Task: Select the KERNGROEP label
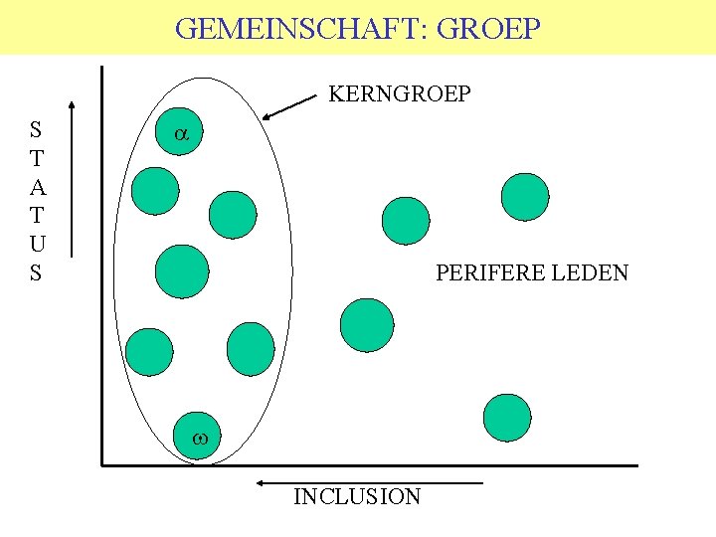(400, 94)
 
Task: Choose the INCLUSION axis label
(357, 496)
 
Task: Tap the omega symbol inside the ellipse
(199, 437)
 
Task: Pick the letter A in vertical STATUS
(36, 186)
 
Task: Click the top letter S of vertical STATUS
(36, 129)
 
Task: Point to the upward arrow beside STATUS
(73, 179)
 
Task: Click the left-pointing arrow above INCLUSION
(368, 483)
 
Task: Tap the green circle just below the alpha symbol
(156, 191)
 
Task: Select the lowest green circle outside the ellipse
(507, 418)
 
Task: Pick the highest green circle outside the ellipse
(524, 197)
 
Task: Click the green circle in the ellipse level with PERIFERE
(184, 271)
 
